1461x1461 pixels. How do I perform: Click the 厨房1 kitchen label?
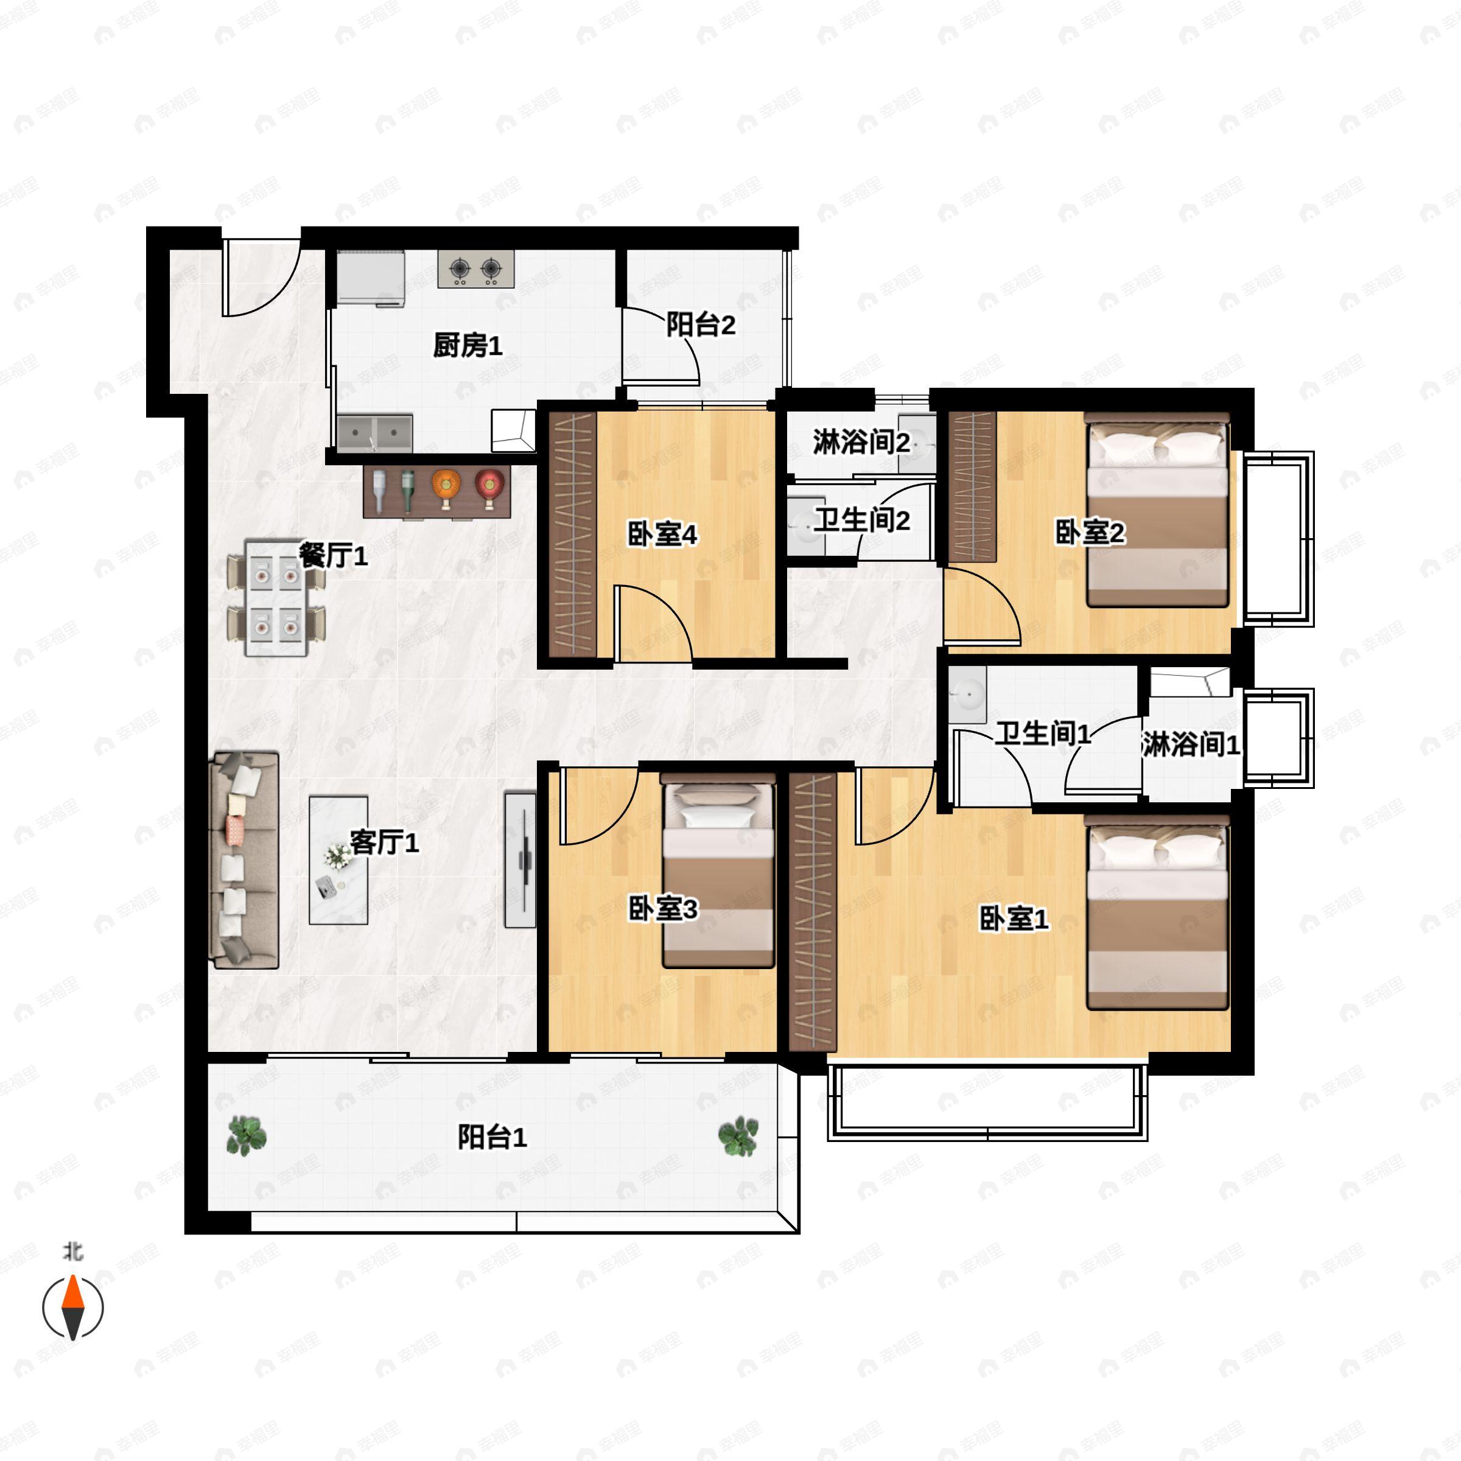click(468, 346)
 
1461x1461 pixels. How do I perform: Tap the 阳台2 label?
click(700, 325)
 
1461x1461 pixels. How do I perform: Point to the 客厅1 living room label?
click(384, 842)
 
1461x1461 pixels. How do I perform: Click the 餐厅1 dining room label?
click(334, 556)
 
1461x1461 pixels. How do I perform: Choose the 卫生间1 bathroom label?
click(1042, 734)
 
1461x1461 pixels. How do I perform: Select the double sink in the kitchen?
click(374, 434)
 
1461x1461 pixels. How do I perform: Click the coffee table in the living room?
click(339, 860)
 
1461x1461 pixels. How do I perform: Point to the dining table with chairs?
click(276, 597)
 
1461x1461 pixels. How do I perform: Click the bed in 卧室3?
click(718, 871)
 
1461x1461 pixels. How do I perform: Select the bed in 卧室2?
click(1157, 510)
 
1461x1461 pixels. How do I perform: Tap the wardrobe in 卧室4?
click(572, 534)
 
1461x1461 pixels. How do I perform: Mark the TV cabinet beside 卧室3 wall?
click(520, 860)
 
